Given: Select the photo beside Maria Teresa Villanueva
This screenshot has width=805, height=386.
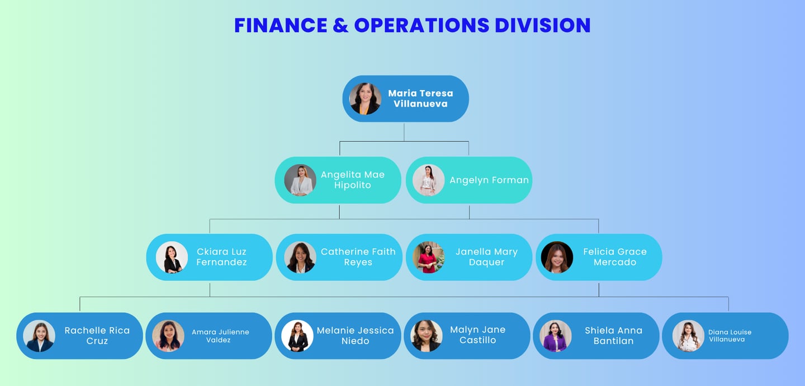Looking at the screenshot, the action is [x=365, y=99].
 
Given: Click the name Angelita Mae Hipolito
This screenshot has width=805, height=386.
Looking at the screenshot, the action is [x=352, y=180].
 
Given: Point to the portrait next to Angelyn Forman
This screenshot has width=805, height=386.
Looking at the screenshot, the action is [x=428, y=180].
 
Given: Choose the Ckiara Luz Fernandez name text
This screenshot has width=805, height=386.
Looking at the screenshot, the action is [x=221, y=257].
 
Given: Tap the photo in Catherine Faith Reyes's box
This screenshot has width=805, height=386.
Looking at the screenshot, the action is [x=300, y=257].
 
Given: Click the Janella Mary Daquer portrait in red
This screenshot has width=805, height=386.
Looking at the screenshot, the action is [x=428, y=257].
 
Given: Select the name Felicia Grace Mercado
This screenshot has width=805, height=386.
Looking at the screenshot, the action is [x=614, y=257].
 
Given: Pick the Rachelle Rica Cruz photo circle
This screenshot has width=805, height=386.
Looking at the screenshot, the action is [x=39, y=336].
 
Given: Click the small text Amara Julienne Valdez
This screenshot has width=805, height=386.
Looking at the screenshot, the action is [x=220, y=336].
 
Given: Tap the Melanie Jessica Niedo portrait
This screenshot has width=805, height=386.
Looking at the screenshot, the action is [x=297, y=336].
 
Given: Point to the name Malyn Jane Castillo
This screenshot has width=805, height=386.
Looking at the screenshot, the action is [x=477, y=335].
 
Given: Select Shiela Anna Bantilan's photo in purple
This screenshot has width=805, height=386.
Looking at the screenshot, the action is [x=555, y=336].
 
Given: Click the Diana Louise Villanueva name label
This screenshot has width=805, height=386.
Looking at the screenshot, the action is [x=730, y=336].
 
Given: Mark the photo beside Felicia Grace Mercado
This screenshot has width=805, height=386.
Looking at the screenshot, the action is [x=557, y=257].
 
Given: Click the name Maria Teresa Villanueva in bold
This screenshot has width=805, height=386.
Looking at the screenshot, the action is [x=420, y=98].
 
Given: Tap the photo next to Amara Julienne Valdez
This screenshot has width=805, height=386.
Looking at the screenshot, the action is [x=168, y=336].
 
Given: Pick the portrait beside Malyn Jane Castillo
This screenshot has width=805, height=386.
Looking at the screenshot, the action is [x=427, y=336].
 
